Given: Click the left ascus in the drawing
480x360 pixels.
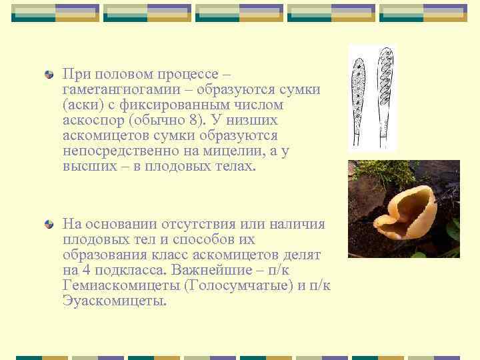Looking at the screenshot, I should point(359,100).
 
